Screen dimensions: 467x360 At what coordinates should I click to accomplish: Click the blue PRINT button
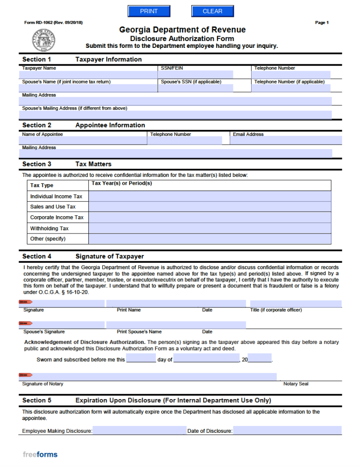coord(149,11)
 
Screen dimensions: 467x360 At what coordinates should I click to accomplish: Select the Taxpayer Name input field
coord(89,74)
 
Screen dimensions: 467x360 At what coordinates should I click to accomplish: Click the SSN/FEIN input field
coord(196,74)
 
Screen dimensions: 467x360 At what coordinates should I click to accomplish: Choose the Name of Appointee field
coord(83,140)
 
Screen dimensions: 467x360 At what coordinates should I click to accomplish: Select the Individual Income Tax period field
coord(210,197)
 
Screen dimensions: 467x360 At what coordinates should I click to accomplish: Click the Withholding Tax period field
coord(210,228)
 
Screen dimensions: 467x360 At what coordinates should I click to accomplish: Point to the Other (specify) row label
coord(48,239)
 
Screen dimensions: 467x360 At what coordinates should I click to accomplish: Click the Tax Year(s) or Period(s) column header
coord(122,183)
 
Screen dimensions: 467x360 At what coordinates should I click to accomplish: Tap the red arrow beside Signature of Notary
coord(26,375)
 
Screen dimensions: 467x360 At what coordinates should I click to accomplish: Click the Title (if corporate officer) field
coord(295,304)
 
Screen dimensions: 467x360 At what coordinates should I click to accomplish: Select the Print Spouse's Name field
coord(175,325)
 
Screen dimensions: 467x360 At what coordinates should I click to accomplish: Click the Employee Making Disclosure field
coord(139,431)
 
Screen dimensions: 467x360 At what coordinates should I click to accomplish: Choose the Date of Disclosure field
coord(287,431)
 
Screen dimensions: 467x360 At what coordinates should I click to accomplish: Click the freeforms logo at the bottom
coord(40,454)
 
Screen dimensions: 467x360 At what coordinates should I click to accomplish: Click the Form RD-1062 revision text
coord(53,23)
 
